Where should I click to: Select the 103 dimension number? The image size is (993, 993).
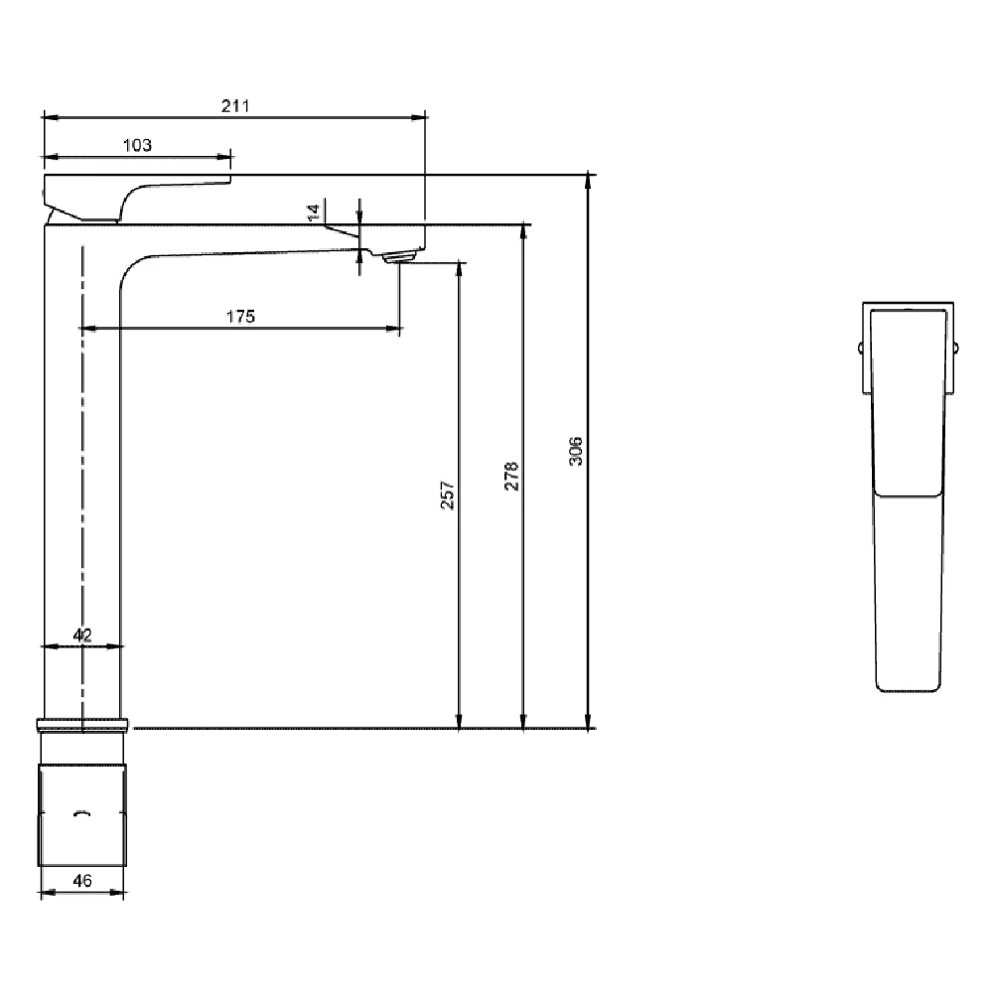pos(137,145)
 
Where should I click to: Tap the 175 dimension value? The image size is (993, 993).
pos(241,317)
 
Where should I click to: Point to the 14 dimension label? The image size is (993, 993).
pos(315,212)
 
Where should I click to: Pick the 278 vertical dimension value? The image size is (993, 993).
pos(510,477)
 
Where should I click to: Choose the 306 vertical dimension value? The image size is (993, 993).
pos(576,451)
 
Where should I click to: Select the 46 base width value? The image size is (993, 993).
pos(82,880)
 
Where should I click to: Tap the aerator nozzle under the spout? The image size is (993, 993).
pos(398,257)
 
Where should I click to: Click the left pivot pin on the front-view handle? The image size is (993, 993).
pos(860,348)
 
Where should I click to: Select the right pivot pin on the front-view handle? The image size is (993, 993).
pos(955,348)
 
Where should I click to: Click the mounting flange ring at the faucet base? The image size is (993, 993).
pos(82,723)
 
